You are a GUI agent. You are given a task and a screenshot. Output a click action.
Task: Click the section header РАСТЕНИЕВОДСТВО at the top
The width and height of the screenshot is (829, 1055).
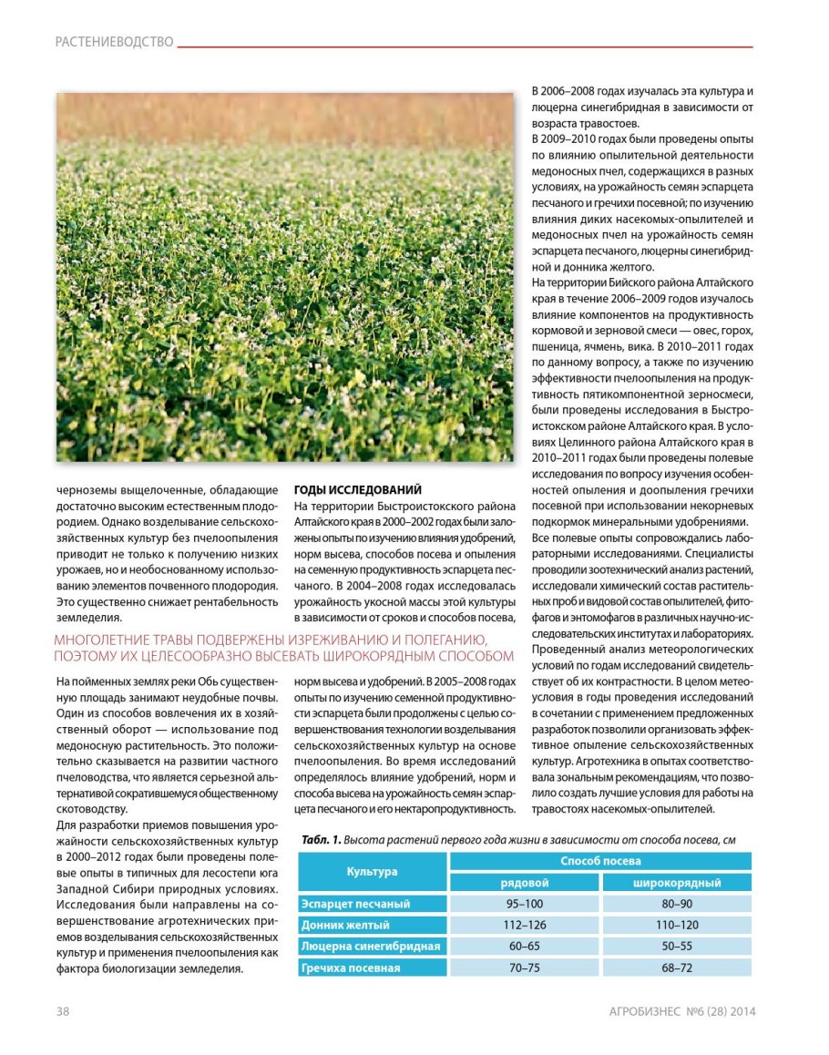[x=114, y=42]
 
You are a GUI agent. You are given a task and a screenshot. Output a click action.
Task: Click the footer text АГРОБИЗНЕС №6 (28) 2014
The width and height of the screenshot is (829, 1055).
[x=682, y=1011]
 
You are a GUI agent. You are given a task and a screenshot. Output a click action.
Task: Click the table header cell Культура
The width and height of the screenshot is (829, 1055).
[x=373, y=871]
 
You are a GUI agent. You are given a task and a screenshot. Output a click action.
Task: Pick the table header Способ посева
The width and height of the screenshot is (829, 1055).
[x=600, y=861]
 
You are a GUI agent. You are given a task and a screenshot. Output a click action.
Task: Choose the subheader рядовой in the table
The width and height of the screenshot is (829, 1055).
[x=525, y=882]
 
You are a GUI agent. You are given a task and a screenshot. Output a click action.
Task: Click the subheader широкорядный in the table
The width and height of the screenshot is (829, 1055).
[x=676, y=882]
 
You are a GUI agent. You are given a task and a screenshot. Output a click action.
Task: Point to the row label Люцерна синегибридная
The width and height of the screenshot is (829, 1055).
[x=371, y=947]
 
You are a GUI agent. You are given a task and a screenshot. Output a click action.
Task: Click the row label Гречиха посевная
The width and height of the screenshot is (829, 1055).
[x=351, y=968]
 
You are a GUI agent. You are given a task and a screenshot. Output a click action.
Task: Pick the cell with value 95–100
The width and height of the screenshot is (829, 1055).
[x=525, y=904]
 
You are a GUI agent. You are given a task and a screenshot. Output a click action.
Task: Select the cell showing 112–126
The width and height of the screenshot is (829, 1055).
[x=525, y=926]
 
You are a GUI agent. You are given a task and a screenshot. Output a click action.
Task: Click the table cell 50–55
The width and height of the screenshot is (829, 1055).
[x=676, y=947]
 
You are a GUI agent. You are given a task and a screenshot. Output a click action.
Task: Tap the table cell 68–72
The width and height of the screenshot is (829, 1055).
[x=676, y=968]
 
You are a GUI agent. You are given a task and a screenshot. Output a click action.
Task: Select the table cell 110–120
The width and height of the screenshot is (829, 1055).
[x=676, y=926]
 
